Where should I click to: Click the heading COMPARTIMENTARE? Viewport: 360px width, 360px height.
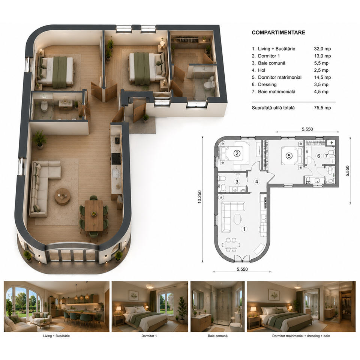click(x=278, y=32)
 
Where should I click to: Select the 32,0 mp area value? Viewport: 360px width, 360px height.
click(x=322, y=49)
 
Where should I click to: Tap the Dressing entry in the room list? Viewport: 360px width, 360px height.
click(x=267, y=84)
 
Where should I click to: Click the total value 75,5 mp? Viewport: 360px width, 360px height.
click(x=322, y=108)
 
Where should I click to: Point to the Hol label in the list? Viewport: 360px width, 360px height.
click(x=261, y=70)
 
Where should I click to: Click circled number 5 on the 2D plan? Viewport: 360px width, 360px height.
click(x=289, y=156)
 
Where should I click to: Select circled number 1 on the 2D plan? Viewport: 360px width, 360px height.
click(x=244, y=229)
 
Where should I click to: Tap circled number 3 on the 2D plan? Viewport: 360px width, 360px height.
click(x=237, y=181)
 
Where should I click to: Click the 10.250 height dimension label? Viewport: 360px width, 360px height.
click(x=199, y=197)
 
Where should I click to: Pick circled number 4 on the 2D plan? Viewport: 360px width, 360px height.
click(x=256, y=181)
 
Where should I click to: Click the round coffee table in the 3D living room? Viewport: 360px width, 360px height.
click(x=62, y=196)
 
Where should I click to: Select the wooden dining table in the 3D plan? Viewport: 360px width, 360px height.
click(x=94, y=215)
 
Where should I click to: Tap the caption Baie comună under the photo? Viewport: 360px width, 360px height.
click(x=217, y=336)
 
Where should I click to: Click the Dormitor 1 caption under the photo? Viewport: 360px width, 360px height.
click(x=149, y=336)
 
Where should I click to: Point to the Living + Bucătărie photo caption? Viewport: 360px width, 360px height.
click(x=56, y=336)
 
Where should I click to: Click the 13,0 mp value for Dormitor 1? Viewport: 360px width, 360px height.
click(x=322, y=56)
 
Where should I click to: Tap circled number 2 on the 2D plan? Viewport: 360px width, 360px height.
click(x=237, y=153)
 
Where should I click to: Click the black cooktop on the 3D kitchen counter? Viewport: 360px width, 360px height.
click(x=116, y=158)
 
